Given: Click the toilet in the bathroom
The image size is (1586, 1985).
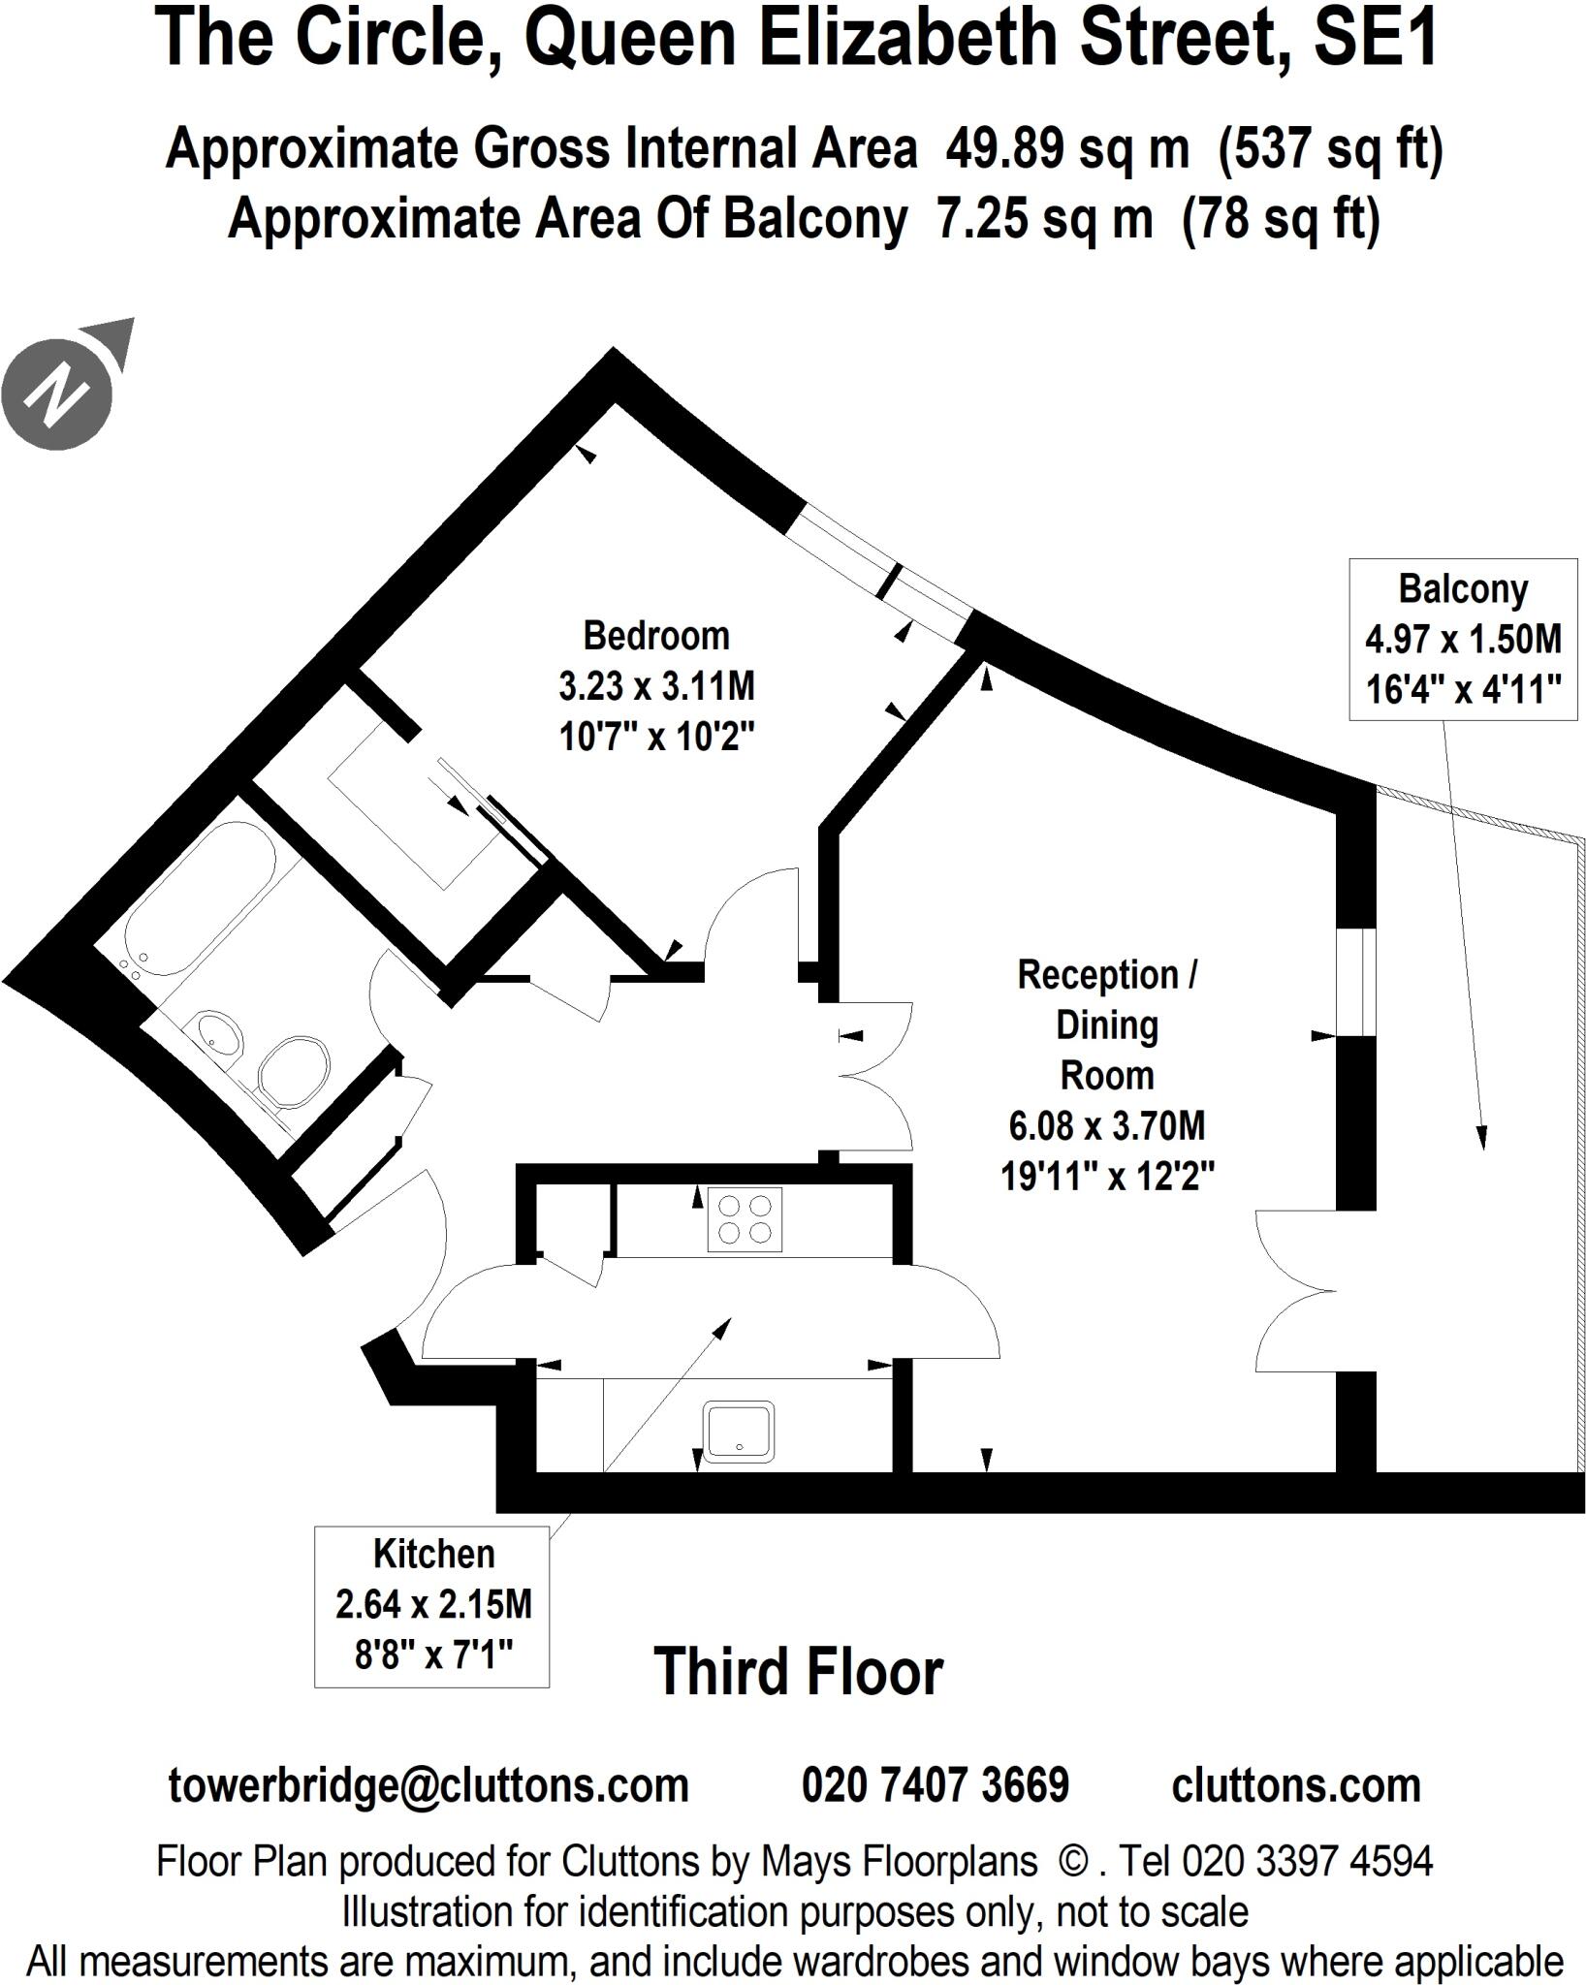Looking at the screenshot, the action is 293,1072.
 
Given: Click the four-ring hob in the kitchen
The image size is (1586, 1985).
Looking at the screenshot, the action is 744,1218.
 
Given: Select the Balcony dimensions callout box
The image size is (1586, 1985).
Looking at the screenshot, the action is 1462,639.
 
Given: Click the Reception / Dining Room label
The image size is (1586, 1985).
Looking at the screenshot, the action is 1107,1075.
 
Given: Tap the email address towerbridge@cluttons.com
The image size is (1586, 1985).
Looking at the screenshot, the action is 428,1784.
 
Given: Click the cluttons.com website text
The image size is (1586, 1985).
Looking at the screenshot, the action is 1296,1784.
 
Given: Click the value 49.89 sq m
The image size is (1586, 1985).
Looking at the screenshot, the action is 1066,149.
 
